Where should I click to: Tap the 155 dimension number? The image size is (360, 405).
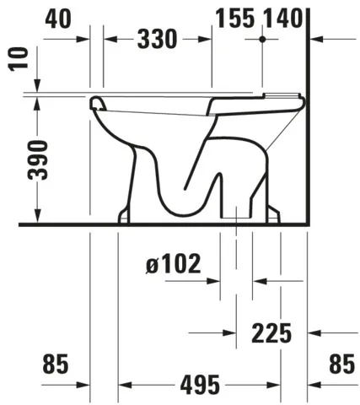[234, 17]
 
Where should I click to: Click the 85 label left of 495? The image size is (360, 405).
[55, 364]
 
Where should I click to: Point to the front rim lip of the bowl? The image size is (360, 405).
[94, 105]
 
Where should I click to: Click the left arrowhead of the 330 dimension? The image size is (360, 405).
[109, 39]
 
